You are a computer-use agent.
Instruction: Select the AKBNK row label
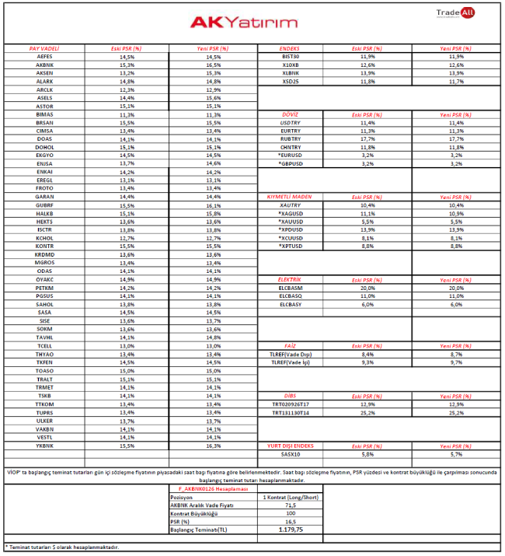point(44,65)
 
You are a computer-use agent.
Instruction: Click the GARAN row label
point(44,197)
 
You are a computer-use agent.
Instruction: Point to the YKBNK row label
point(44,446)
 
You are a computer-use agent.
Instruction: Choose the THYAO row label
point(44,355)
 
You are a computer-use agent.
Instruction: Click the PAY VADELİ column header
point(44,48)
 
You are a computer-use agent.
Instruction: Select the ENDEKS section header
point(291,48)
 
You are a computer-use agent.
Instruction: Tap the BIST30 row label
point(291,57)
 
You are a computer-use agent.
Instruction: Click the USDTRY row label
point(291,123)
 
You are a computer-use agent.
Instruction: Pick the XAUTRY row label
point(291,205)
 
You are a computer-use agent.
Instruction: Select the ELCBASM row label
point(291,288)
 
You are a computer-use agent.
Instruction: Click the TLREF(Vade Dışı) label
point(291,354)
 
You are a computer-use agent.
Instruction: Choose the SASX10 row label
point(291,453)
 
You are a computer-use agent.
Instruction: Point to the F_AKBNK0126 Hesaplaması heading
point(203,488)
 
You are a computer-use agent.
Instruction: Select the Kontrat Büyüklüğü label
point(194,513)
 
